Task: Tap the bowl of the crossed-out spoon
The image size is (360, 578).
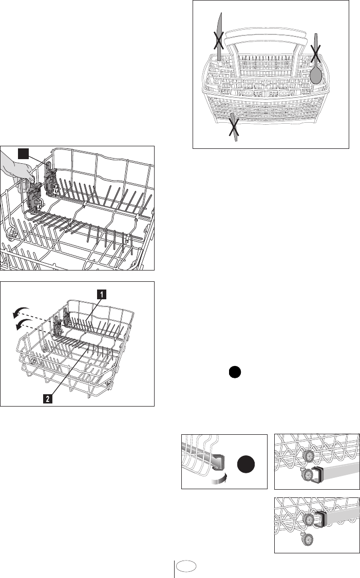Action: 316,76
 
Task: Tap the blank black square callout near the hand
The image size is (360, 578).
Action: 24,153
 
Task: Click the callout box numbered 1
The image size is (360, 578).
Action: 102,294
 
